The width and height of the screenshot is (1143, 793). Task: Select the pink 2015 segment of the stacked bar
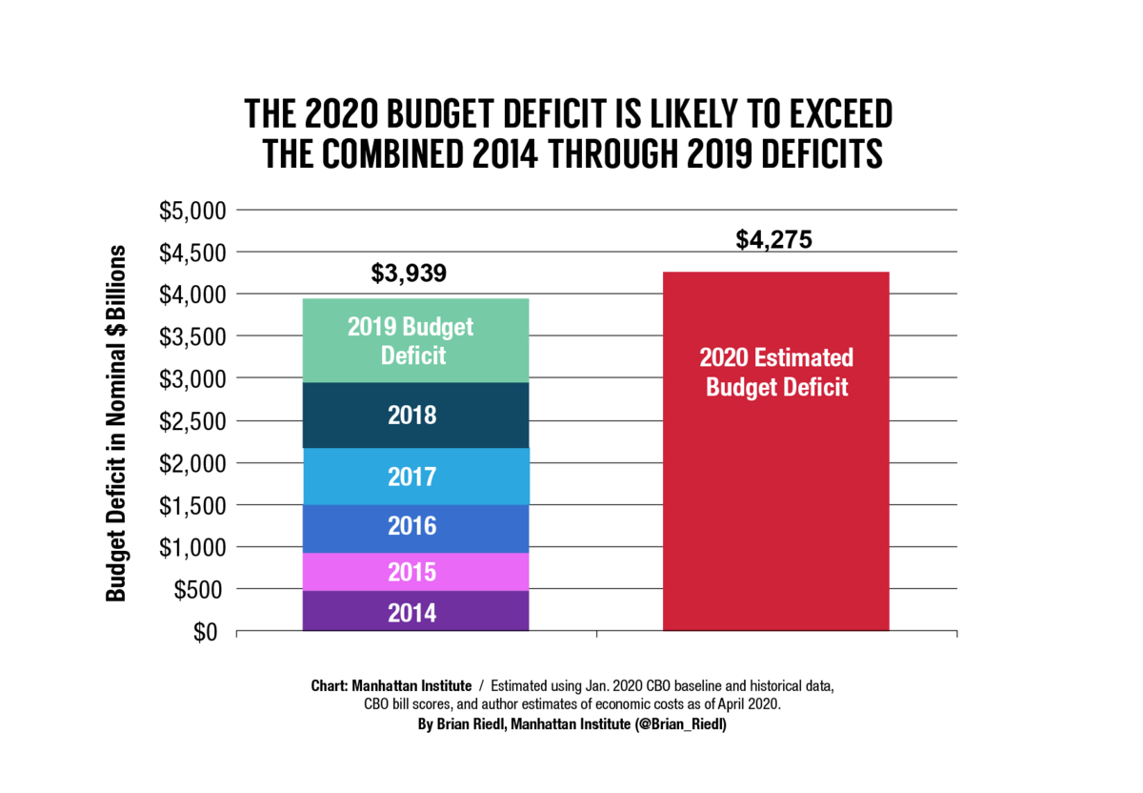[415, 572]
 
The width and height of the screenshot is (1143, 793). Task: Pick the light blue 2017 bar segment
[415, 477]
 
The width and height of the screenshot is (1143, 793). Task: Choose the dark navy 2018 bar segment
[415, 416]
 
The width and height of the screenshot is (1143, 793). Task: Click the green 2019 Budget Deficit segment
[415, 341]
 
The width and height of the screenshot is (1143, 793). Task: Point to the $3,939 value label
[408, 274]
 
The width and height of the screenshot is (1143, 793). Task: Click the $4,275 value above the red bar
[773, 239]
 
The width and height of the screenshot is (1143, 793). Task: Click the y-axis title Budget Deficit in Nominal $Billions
[116, 422]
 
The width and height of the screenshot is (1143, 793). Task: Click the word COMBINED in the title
[393, 154]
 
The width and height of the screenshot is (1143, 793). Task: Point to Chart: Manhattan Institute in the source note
[391, 686]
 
